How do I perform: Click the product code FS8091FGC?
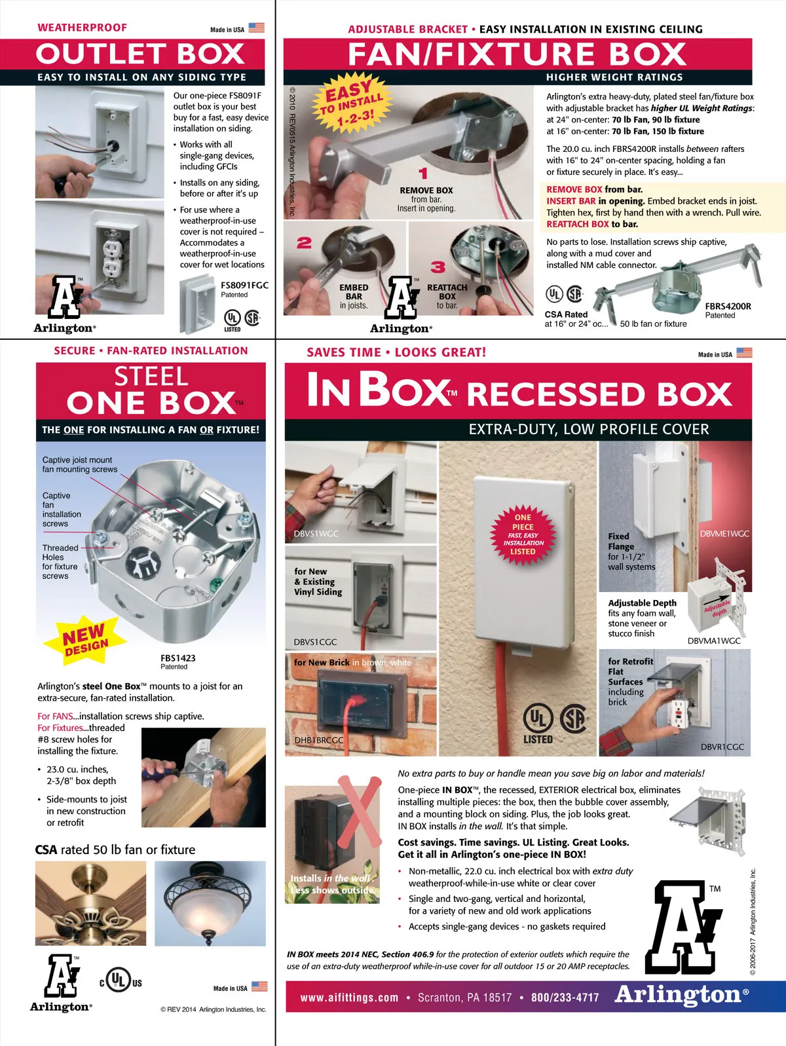coord(244,285)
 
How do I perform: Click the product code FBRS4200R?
coord(728,306)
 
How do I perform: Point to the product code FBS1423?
coord(178,658)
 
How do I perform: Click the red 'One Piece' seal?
coord(523,534)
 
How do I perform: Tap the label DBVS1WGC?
coord(316,534)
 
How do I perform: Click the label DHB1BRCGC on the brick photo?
coord(319,740)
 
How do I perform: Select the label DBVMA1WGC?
coord(714,641)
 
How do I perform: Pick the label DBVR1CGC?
coord(722,747)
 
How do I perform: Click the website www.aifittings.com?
coord(349,998)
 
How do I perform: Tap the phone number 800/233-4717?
coord(565,998)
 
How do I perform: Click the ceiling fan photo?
coord(90,903)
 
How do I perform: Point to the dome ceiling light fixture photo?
coord(210,903)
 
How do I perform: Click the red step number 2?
coord(305,243)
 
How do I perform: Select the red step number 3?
coord(438,267)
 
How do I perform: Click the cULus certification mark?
coord(121,980)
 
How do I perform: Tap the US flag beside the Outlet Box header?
coord(256,28)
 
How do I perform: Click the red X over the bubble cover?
coord(360,812)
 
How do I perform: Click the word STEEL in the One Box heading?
coord(151,377)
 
